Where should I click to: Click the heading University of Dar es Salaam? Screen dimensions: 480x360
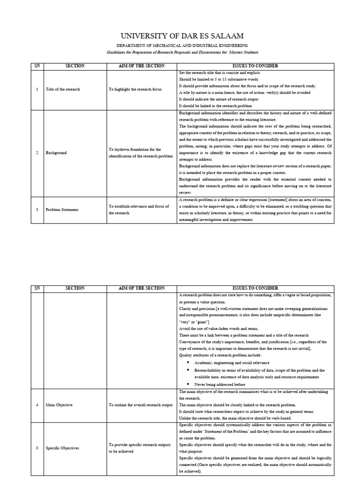(x=182, y=37)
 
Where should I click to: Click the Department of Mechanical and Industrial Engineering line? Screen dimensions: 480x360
(x=182, y=46)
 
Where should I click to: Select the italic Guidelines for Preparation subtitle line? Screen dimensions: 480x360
(x=182, y=52)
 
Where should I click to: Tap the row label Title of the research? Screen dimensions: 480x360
(x=63, y=89)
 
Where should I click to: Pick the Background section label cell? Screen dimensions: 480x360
(x=56, y=153)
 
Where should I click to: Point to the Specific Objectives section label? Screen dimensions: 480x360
(x=62, y=448)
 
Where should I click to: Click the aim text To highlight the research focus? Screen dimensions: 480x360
(x=132, y=89)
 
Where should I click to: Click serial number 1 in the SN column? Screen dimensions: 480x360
(x=37, y=89)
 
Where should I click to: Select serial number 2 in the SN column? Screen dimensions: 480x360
(x=37, y=153)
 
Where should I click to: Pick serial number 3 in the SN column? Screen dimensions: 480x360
(x=37, y=209)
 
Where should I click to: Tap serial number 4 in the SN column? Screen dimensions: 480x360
(x=37, y=405)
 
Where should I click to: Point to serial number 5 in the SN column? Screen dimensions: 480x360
(x=37, y=448)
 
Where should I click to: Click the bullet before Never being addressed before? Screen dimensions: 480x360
(x=188, y=384)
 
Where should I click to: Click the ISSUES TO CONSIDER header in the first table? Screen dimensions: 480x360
(x=255, y=66)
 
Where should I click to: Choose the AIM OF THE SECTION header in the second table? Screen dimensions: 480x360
(x=142, y=288)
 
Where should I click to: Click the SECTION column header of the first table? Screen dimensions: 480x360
(x=75, y=66)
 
